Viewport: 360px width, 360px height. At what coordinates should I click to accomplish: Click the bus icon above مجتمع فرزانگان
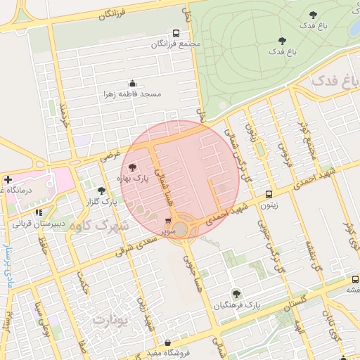(176, 33)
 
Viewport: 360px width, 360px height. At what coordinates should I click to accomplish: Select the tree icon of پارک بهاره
(134, 168)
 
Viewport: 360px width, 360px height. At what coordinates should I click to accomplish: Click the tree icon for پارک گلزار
(101, 191)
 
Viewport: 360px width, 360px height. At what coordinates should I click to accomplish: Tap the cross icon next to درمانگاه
(8, 179)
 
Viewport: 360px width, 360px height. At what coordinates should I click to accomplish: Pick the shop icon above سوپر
(168, 221)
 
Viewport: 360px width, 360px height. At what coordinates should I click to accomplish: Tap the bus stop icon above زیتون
(269, 195)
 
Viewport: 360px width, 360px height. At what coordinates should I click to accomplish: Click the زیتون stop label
(269, 206)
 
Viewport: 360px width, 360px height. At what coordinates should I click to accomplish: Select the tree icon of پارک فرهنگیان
(236, 294)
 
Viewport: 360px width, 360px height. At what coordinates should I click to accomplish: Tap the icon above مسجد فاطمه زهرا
(133, 83)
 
